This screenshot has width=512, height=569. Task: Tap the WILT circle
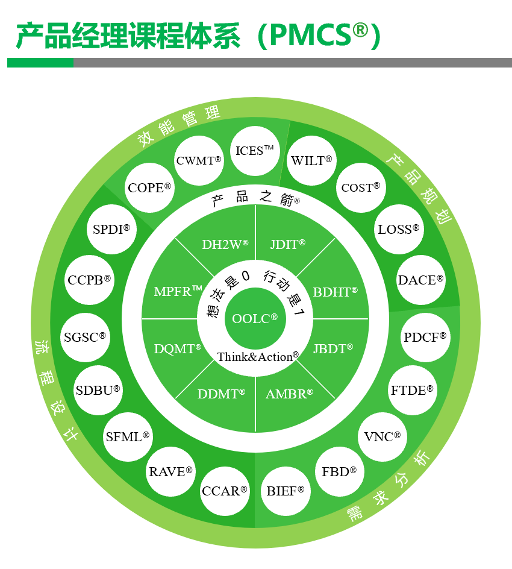tap(311, 161)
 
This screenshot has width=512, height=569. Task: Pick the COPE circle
tap(149, 188)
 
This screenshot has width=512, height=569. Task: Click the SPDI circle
tap(111, 229)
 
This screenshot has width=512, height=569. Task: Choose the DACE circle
tap(420, 280)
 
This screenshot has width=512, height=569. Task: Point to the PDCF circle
tap(425, 338)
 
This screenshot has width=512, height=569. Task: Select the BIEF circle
tap(285, 491)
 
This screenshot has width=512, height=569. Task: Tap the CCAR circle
tap(225, 491)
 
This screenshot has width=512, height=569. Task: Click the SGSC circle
tap(85, 338)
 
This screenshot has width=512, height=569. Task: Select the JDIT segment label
tap(287, 244)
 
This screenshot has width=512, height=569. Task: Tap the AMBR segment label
tap(289, 394)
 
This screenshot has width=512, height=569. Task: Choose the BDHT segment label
tap(335, 292)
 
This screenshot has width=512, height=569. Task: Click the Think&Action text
tap(258, 357)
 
